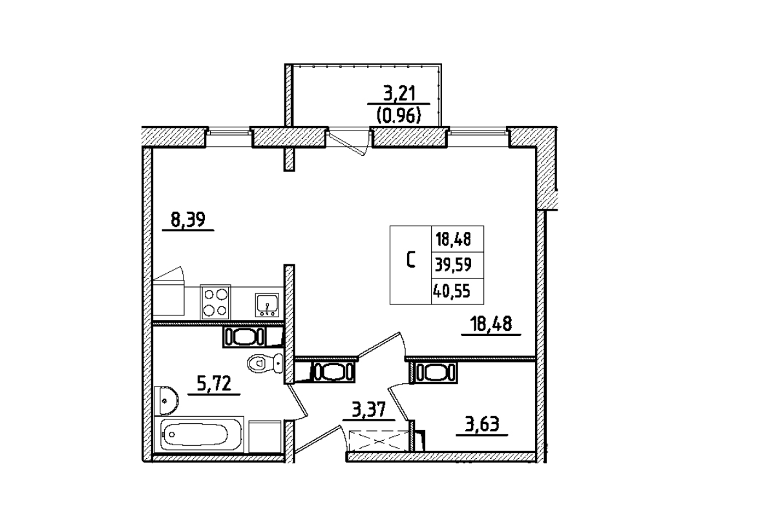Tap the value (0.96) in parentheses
tap(398, 116)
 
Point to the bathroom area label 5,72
tap(214, 386)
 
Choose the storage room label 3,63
tap(481, 426)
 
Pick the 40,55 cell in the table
tap(452, 291)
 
